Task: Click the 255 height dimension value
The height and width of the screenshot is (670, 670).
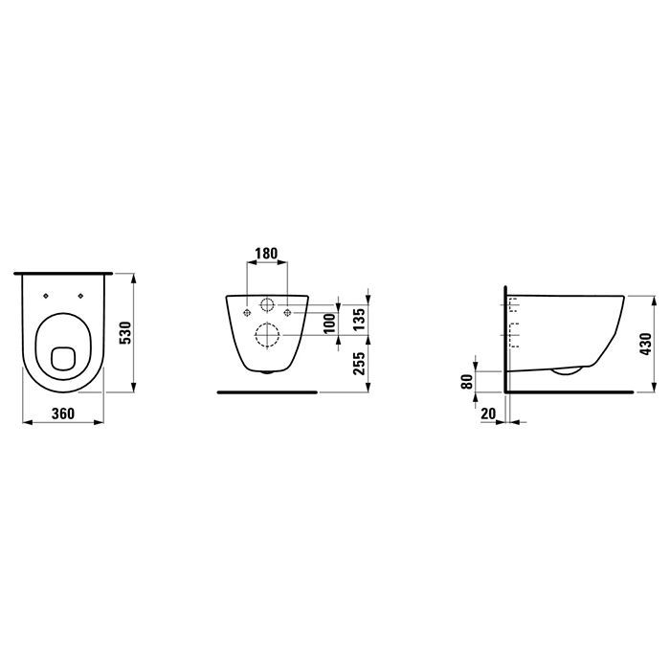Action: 360,364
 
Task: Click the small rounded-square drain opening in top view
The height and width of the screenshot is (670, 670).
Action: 64,358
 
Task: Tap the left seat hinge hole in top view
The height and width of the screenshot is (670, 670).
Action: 46,296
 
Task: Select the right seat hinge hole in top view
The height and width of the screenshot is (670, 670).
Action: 82,296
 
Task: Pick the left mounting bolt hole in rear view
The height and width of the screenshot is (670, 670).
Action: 247,311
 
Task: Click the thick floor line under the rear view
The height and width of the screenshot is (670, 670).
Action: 267,391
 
